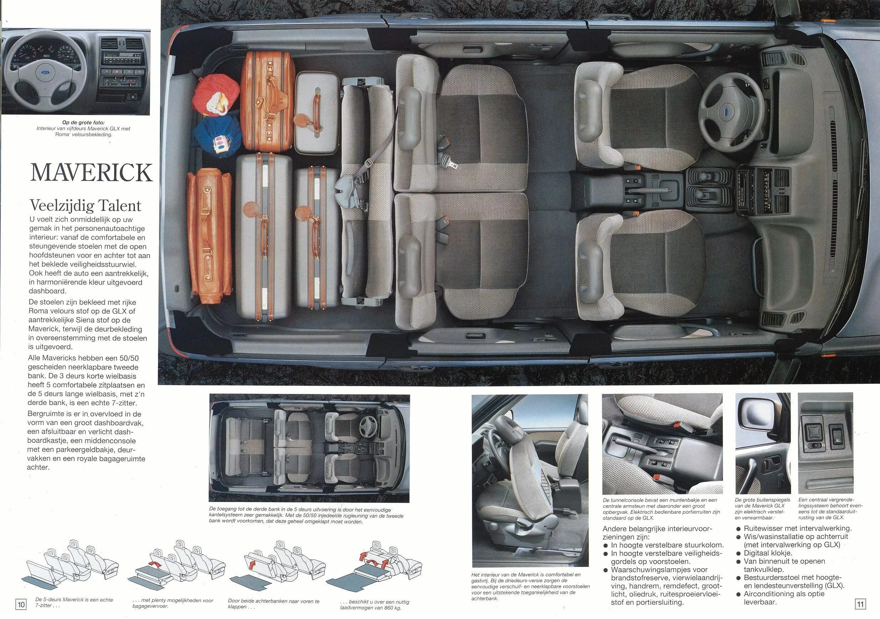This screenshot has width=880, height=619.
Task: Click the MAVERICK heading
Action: (x=91, y=173)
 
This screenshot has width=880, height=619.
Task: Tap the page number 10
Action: (x=21, y=605)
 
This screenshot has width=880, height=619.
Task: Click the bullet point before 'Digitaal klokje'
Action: (x=738, y=553)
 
